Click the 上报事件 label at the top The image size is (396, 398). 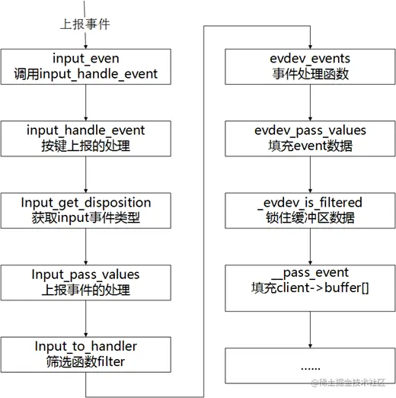[x=85, y=24]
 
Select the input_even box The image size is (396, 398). [x=86, y=67]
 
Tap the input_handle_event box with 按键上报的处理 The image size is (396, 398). [x=86, y=139]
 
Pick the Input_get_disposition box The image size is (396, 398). [x=86, y=210]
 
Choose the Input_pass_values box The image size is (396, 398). [x=86, y=282]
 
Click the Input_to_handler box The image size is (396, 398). [x=86, y=354]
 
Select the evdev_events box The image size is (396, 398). [x=310, y=67]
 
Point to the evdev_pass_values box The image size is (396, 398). [x=310, y=139]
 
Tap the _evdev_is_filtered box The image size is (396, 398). [x=310, y=210]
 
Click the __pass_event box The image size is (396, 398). [x=310, y=282]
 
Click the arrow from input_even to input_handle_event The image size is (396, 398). [x=86, y=103]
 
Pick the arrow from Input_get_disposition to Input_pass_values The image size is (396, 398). [x=86, y=246]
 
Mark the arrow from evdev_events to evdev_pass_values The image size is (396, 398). [x=310, y=103]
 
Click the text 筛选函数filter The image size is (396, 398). [x=86, y=362]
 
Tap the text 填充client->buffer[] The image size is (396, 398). [x=310, y=290]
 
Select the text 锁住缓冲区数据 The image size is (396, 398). [x=310, y=219]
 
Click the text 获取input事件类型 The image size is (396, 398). [x=86, y=219]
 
